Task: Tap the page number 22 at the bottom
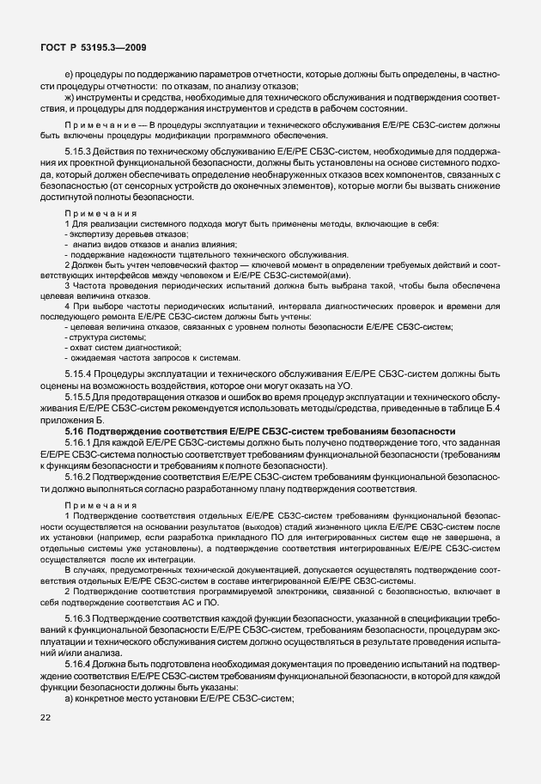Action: coord(46,741)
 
